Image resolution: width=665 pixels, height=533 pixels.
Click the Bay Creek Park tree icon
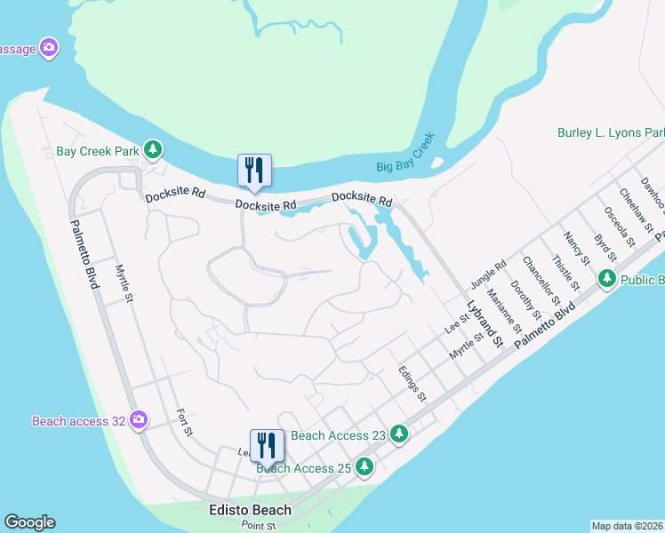(154, 150)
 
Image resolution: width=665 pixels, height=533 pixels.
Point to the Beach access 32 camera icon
(138, 419)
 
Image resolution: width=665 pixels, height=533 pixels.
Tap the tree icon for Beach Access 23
(400, 434)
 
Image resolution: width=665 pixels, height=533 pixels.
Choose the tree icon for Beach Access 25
(364, 466)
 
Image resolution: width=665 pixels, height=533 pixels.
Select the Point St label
(260, 525)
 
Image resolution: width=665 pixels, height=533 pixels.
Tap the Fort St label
(184, 423)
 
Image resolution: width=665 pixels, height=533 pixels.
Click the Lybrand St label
(481, 324)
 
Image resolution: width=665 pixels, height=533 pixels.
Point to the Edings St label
(413, 383)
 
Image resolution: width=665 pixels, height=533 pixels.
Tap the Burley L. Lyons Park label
(611, 132)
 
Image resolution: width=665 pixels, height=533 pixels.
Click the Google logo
(29, 522)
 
